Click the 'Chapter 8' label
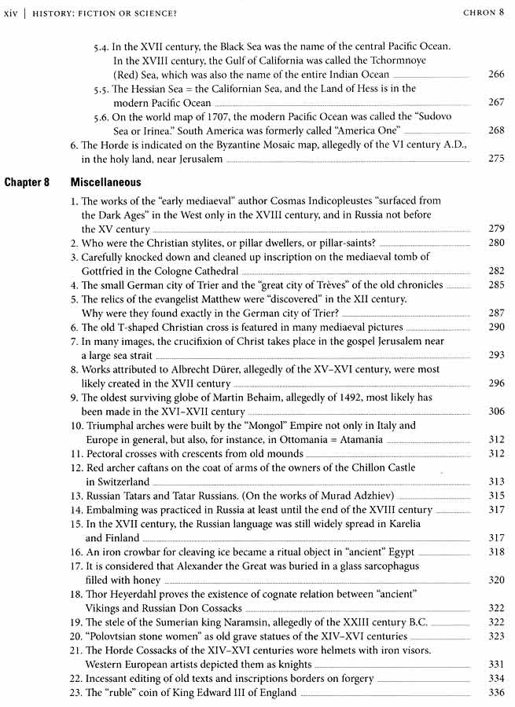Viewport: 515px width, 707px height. click(28, 181)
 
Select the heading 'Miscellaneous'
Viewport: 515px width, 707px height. click(105, 181)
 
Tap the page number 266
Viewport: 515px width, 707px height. click(495, 75)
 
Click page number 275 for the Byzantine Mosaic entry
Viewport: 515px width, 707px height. click(495, 159)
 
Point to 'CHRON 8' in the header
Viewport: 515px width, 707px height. click(483, 13)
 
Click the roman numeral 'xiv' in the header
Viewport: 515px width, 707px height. click(12, 13)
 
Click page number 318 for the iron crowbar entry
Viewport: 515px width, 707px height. click(495, 552)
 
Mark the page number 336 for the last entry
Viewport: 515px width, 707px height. click(495, 692)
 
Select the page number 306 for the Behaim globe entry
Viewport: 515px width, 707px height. click(495, 412)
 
